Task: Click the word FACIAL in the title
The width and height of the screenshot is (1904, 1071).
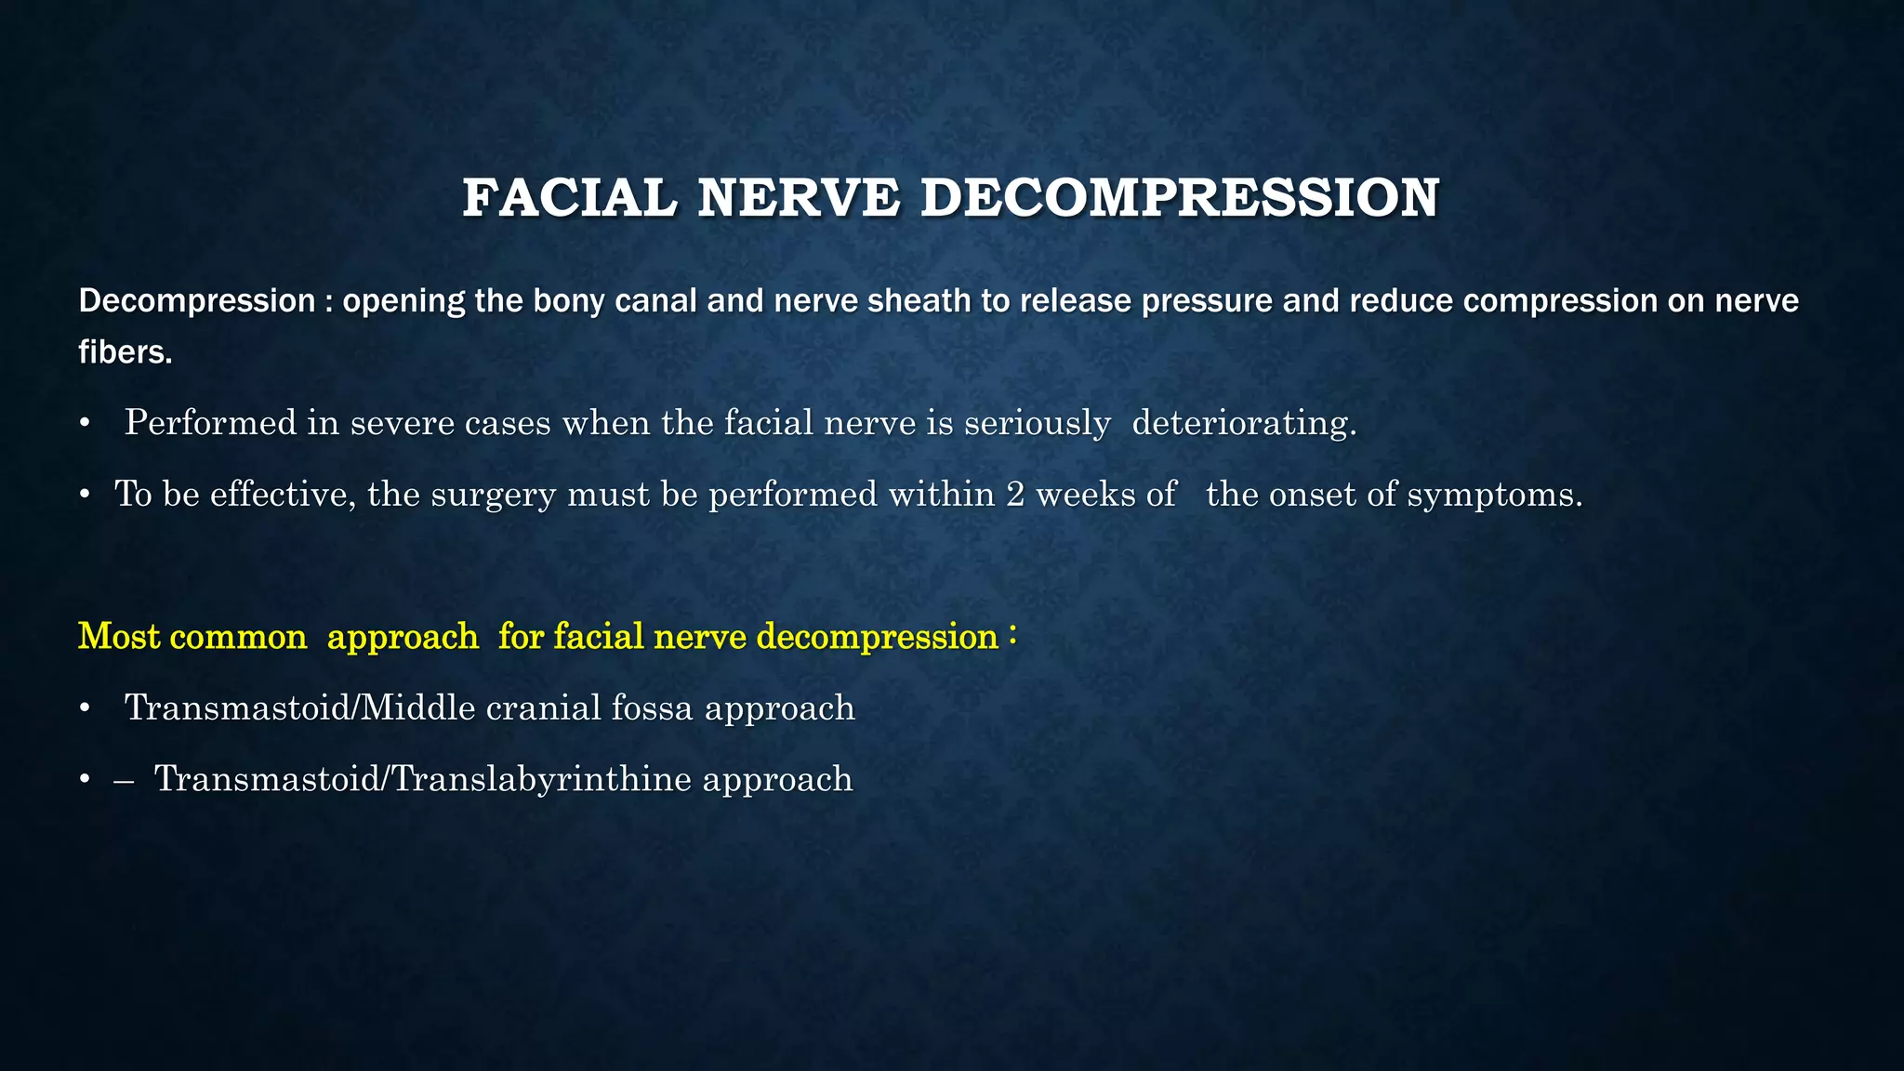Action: [570, 198]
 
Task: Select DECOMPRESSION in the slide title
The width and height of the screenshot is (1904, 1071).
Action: [1180, 198]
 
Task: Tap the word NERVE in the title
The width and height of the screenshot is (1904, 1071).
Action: [799, 198]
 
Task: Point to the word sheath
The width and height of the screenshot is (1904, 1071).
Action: [901, 301]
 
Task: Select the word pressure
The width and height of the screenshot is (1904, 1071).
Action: [1194, 301]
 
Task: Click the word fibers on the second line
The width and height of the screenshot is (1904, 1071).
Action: [125, 352]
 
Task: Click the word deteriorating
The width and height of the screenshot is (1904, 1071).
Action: [1244, 423]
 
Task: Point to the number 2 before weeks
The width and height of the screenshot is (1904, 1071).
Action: [1015, 494]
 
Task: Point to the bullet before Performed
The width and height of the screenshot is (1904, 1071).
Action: [85, 424]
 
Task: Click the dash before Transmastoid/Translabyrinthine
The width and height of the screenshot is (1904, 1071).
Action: [124, 780]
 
